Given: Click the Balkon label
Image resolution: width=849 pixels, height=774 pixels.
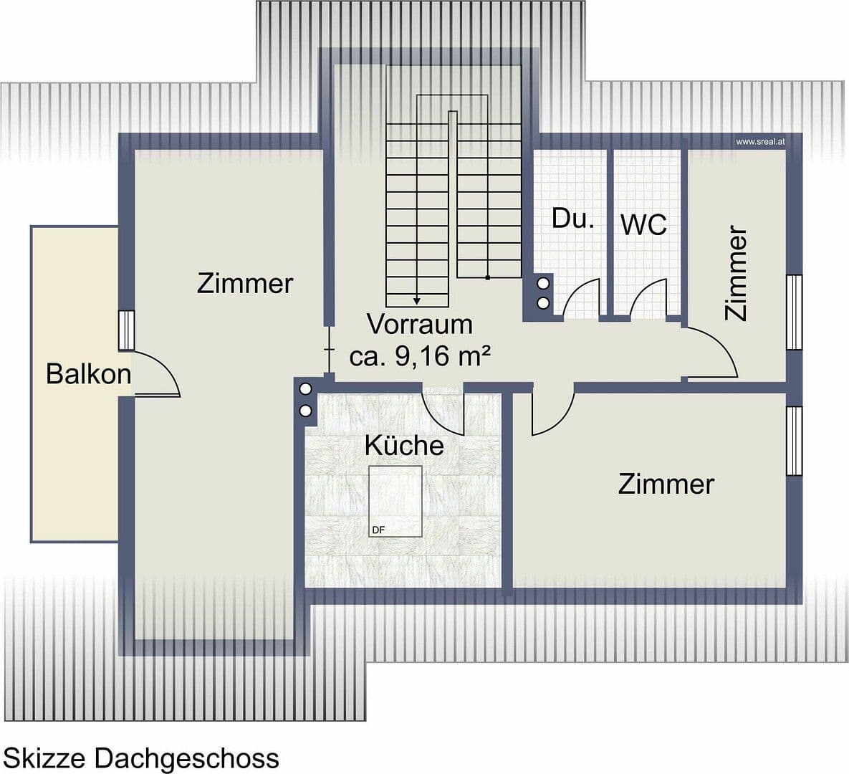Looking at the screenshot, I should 88,373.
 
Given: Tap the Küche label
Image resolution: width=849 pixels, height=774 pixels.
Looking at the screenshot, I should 404,445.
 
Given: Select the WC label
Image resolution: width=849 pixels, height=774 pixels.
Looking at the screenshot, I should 643,224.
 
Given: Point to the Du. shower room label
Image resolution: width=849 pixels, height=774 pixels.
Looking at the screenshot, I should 572,219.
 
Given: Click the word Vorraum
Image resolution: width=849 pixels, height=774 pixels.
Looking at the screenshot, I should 420,324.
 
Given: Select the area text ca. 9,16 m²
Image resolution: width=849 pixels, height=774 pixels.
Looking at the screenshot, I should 420,355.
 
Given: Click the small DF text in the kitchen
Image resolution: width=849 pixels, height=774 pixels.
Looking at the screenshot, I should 378,530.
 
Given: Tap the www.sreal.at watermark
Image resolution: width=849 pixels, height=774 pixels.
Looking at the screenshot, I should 760,142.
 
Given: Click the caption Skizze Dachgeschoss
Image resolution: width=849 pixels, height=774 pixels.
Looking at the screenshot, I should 141,758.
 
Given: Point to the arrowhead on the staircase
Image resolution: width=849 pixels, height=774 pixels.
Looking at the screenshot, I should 417,300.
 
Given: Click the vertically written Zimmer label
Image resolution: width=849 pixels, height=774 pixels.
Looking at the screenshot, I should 737,273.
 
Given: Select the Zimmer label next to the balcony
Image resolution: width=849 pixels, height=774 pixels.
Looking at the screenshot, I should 245,283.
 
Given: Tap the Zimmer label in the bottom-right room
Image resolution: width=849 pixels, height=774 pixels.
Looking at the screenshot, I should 666,484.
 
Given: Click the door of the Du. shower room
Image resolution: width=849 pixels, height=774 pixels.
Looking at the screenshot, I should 582,297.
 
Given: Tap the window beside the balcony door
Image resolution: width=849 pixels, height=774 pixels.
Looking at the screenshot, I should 127,330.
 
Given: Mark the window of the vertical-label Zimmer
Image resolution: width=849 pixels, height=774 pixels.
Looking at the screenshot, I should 794,312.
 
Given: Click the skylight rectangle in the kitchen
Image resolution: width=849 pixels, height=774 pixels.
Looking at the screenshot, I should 395,501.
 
